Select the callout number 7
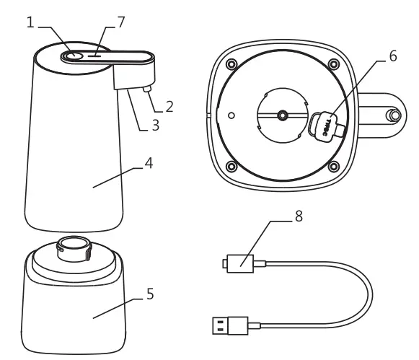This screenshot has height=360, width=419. point(120,22)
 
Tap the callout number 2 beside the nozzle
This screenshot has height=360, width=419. point(169,107)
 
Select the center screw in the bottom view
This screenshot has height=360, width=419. point(282,115)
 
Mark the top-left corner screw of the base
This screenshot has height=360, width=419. point(230,63)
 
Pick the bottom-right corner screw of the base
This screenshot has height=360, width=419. point(333,167)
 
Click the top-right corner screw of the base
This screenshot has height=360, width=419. point(333,63)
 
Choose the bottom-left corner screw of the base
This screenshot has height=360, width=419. point(230,167)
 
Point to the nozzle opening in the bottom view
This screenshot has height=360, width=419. point(394,115)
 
